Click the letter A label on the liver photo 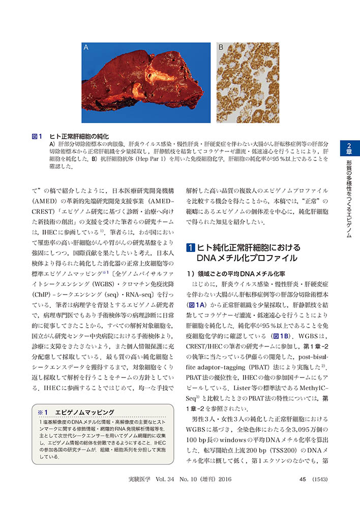point(86,48)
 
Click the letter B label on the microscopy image point(221,48)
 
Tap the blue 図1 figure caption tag point(37,137)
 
